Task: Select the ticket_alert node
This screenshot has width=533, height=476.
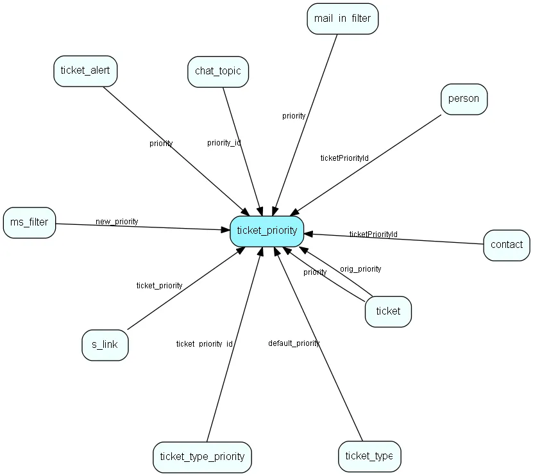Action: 85,70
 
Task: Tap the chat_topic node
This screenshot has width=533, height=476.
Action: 218,71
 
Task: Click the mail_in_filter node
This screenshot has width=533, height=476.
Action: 343,19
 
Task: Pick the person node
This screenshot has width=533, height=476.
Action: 464,99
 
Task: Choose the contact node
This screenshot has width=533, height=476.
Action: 507,245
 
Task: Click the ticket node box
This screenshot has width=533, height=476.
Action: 388,311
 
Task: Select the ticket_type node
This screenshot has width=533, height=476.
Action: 369,456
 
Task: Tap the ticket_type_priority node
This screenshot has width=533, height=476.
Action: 202,457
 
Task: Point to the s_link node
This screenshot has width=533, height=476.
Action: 105,345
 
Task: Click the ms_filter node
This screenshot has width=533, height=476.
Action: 29,222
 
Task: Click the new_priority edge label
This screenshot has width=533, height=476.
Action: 117,222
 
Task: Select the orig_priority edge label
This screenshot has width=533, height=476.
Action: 360,269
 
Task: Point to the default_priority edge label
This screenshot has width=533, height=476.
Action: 294,343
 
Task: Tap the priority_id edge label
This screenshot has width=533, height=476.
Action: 224,143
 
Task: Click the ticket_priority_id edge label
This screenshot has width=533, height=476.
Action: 204,344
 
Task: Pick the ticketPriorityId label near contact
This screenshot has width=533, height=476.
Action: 373,234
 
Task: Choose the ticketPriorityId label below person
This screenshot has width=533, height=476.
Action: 344,158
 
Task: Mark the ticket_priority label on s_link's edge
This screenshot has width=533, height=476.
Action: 159,286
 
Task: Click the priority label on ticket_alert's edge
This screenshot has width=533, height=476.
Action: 161,144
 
